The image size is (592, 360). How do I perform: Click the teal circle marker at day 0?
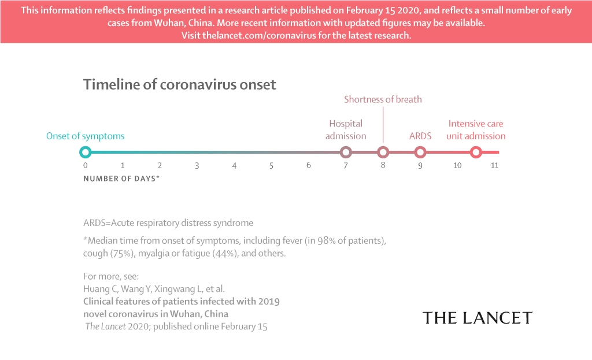86,153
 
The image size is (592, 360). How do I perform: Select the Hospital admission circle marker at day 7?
346,153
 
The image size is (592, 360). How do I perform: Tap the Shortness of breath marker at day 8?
383,153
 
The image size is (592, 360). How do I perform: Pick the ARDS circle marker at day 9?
420,153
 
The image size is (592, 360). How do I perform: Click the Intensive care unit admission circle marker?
476,153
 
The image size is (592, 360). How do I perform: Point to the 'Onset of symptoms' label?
85,136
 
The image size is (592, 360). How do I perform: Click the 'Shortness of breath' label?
383,99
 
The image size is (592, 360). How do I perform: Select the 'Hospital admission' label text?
346,130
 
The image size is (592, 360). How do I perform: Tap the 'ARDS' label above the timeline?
420,136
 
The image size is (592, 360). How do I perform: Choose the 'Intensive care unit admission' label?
476,130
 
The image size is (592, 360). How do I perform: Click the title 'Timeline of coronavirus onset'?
180,84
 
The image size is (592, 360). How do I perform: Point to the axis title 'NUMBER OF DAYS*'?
121,179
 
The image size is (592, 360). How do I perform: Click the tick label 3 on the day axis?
197,166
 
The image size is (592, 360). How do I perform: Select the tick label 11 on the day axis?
494,166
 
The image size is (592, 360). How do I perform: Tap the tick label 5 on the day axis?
271,166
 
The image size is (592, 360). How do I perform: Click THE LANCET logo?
477,318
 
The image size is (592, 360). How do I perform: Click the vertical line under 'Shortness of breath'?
383,124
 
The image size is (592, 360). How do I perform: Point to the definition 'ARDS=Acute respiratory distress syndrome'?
168,223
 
